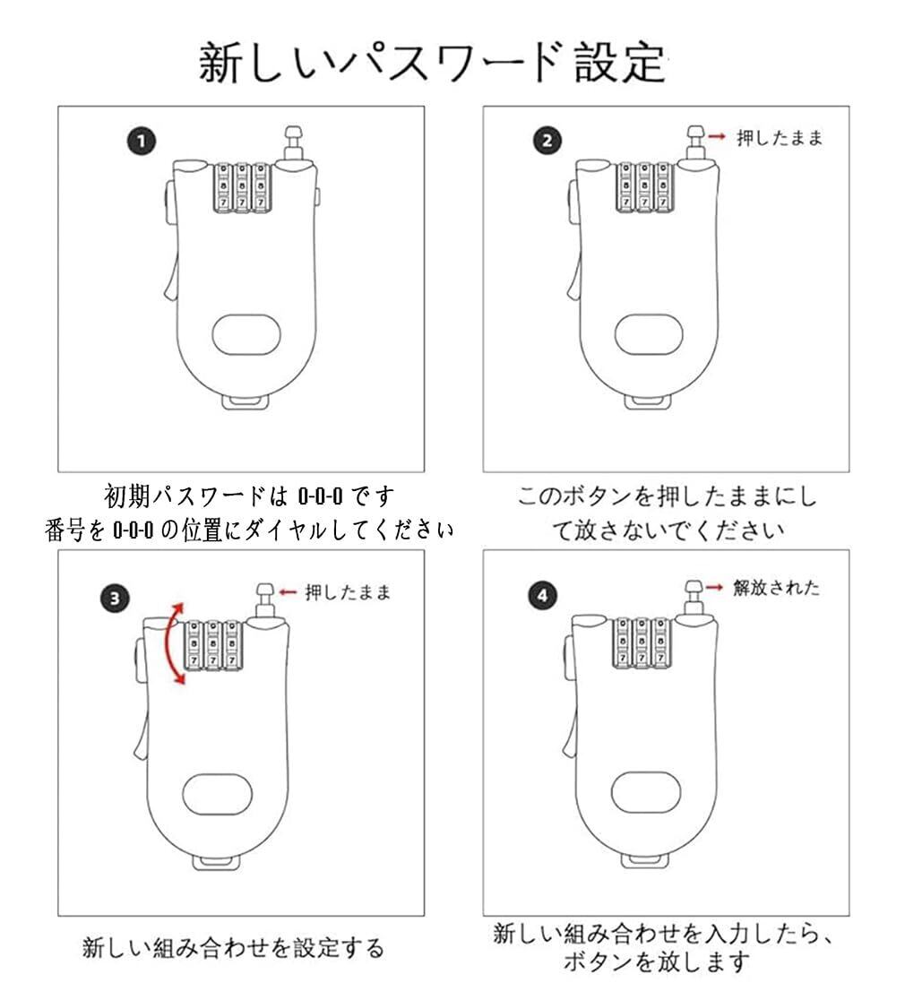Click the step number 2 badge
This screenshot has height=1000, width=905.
pyautogui.click(x=548, y=141)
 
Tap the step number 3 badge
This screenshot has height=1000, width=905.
pyautogui.click(x=114, y=598)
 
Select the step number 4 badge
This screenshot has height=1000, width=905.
pyautogui.click(x=544, y=597)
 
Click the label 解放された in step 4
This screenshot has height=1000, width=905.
pyautogui.click(x=776, y=588)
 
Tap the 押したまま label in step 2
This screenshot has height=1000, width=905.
pyautogui.click(x=779, y=138)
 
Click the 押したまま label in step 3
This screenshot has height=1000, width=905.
pyautogui.click(x=348, y=592)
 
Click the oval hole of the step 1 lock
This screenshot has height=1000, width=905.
pyautogui.click(x=246, y=334)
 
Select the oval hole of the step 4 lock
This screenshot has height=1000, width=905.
pyautogui.click(x=644, y=791)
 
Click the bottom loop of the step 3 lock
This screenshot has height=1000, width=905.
pyautogui.click(x=216, y=863)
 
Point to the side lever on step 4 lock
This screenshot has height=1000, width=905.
pyautogui.click(x=570, y=735)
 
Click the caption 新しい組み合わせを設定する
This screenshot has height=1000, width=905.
pyautogui.click(x=233, y=948)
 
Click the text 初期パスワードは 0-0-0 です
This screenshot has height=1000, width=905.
pyautogui.click(x=250, y=496)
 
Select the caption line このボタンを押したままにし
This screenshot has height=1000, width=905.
pyautogui.click(x=667, y=496)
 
